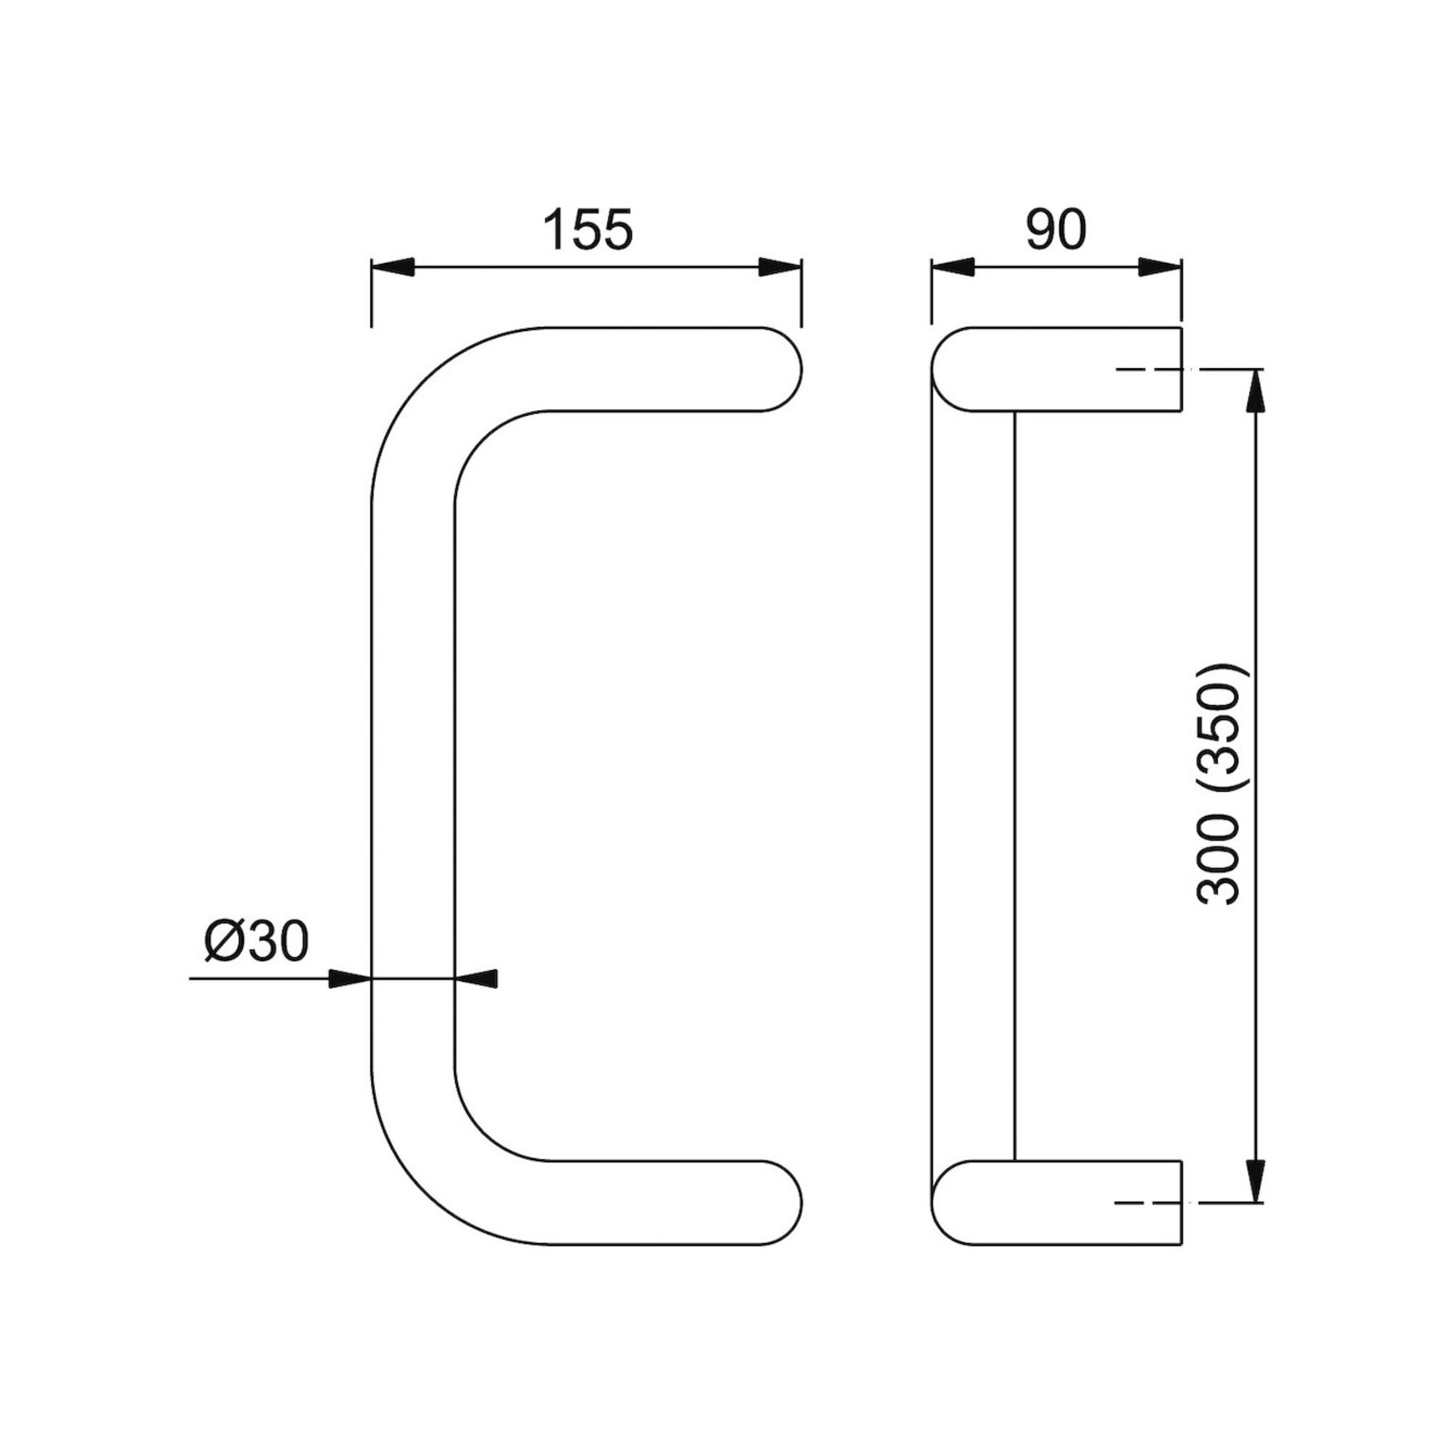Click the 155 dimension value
588,230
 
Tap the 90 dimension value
1056,230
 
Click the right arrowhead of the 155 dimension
781,268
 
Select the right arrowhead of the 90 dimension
1160,268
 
